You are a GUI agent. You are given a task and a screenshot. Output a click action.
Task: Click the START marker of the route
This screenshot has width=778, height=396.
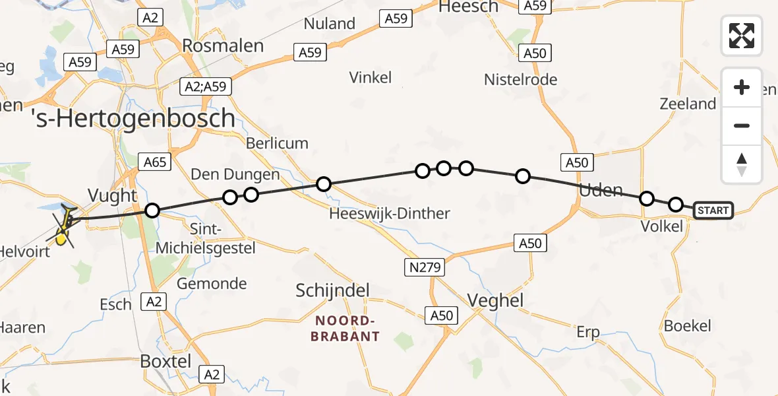point(713,211)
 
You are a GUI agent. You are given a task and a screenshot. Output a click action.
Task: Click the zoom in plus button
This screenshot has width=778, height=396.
point(742,88)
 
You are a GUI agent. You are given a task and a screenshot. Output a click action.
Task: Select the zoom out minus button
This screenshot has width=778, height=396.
point(742,125)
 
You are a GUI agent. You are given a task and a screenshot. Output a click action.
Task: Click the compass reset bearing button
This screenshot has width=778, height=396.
point(742,164)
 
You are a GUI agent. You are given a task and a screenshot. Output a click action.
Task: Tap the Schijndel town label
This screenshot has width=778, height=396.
point(332,290)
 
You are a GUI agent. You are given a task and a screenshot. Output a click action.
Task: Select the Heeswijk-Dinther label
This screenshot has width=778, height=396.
point(390,213)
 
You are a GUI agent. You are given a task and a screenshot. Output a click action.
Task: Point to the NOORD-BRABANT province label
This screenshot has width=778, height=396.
point(347,329)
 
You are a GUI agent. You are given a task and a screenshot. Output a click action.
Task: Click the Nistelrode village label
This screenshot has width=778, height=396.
point(520,80)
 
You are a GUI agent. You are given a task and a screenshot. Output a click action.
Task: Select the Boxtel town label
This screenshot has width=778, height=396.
point(165,362)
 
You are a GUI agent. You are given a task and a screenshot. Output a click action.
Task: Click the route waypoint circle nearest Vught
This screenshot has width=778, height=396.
point(152,211)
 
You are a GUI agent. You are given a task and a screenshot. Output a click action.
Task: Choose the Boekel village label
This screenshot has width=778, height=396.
point(688,325)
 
